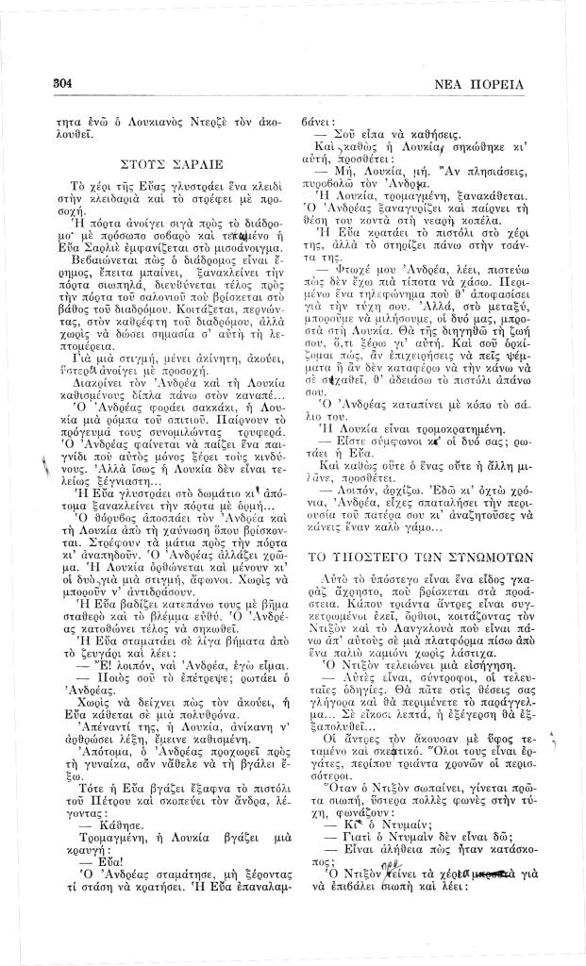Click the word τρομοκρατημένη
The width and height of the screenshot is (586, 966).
coord(445,425)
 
